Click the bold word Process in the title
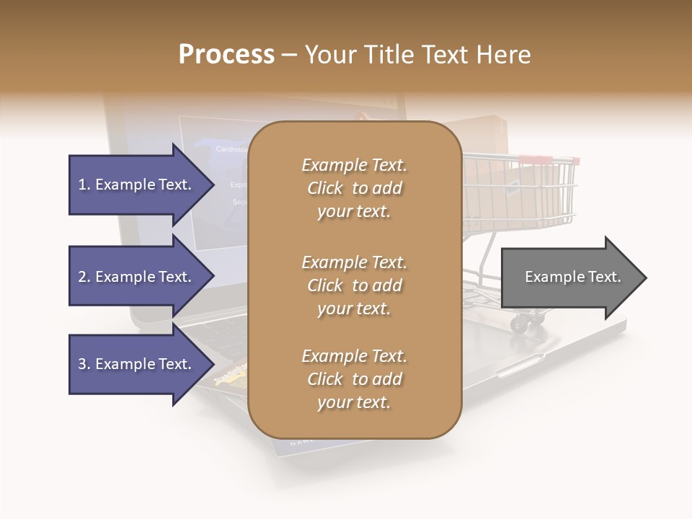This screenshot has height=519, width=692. point(226,54)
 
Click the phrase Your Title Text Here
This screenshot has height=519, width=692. point(418,55)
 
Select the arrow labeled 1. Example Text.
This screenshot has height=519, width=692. point(137,185)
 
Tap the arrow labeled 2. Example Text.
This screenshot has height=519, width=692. point(137,277)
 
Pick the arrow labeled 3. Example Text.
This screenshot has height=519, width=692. point(137,364)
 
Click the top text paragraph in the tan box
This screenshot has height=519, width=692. point(354,188)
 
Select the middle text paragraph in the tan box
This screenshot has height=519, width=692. point(354,285)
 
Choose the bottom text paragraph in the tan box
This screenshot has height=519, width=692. point(354,379)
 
